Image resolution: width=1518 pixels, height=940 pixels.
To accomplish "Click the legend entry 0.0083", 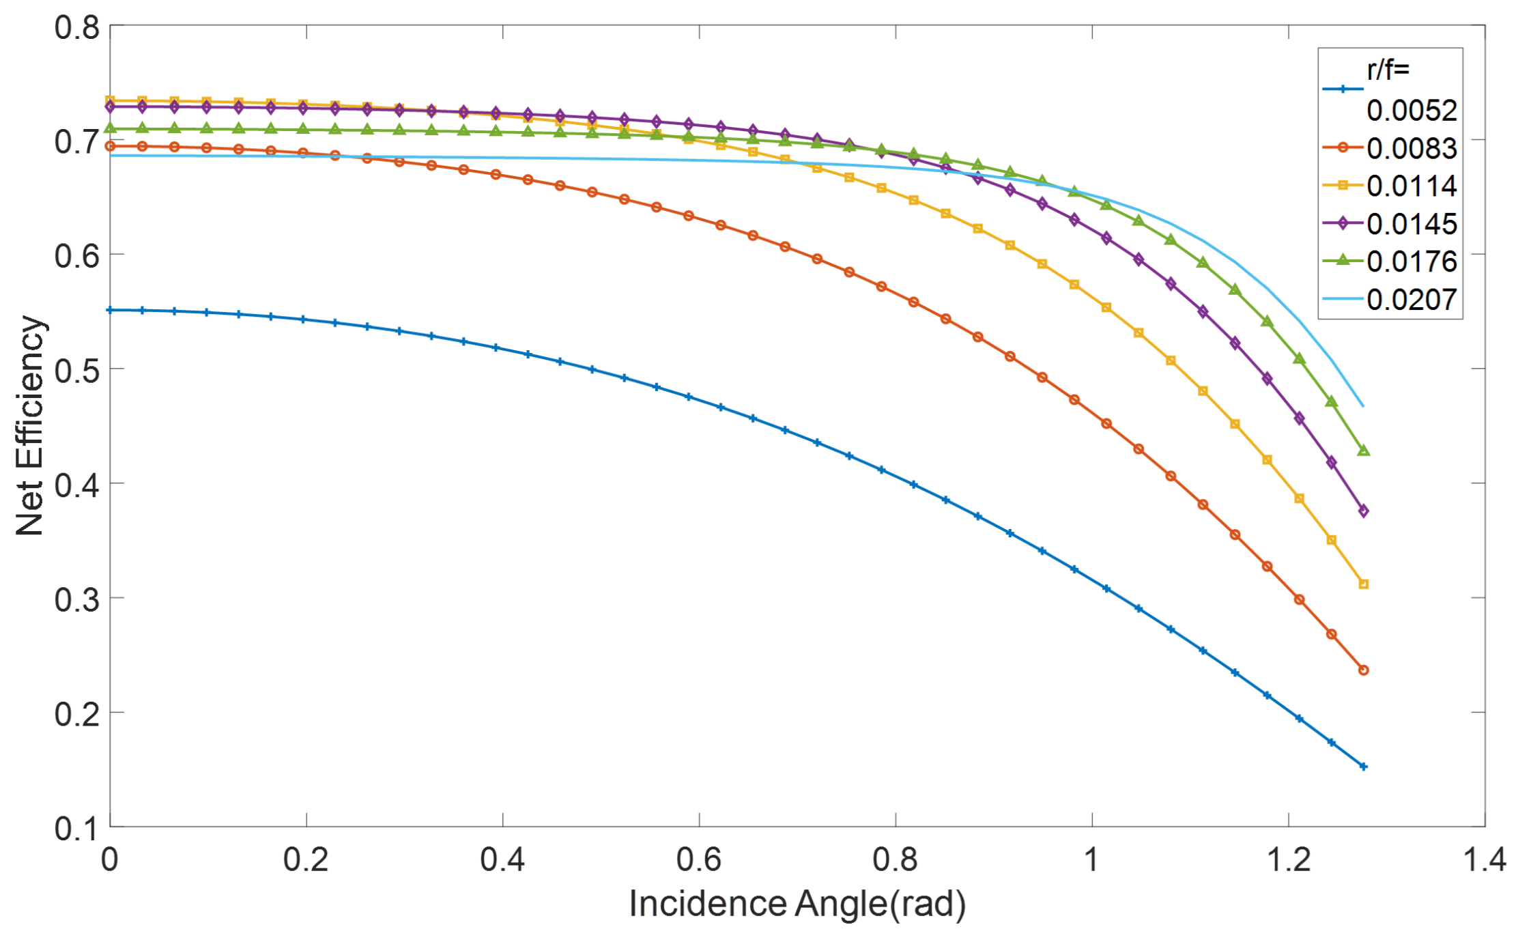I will click(1411, 149).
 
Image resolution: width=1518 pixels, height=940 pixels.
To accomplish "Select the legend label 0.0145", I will click(1411, 224).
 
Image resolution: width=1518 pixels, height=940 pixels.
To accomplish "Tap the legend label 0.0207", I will click(1411, 300).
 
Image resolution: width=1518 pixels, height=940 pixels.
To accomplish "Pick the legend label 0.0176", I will click(1411, 261).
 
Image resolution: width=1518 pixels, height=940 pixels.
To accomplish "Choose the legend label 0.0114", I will click(1411, 186).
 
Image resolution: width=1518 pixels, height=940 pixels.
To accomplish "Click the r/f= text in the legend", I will click(1388, 70).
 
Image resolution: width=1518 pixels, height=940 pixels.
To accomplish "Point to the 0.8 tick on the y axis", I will click(76, 28).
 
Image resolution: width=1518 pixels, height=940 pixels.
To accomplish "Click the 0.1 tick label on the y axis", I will click(76, 828).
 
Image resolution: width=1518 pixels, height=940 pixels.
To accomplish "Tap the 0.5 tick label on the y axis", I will click(76, 371).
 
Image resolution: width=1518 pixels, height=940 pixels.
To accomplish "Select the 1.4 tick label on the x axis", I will click(1485, 860).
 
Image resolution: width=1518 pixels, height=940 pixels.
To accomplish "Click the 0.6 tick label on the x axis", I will click(699, 860).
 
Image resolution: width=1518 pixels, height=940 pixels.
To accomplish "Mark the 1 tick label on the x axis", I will click(1091, 860).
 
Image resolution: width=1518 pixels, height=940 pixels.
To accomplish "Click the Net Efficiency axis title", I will click(29, 425).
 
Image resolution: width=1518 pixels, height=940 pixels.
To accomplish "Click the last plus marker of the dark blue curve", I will click(1363, 767).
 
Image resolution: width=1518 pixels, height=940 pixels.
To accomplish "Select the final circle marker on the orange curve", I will click(1363, 670).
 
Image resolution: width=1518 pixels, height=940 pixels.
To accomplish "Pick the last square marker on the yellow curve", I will click(1363, 584).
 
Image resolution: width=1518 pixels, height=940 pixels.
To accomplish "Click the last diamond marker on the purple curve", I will click(1363, 511).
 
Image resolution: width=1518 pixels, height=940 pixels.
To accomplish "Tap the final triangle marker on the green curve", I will click(1363, 451).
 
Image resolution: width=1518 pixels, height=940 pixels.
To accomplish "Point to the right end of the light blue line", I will click(1362, 406).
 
